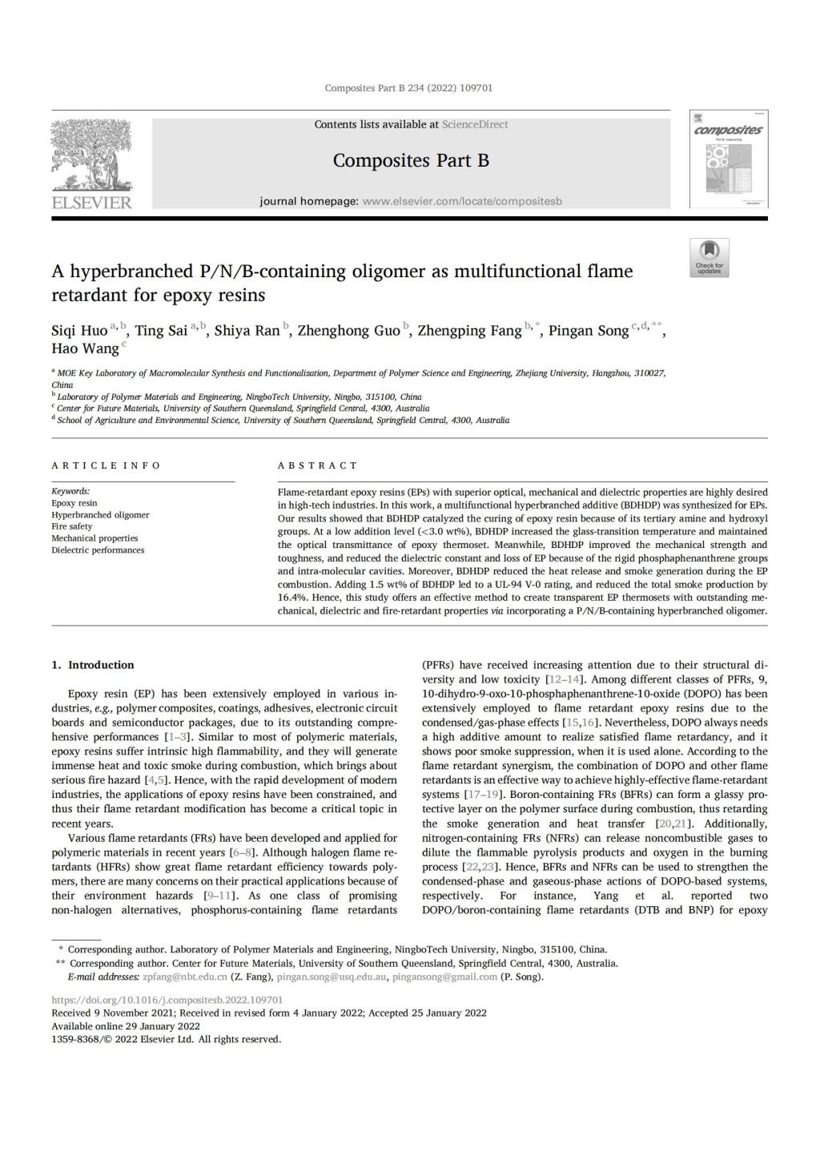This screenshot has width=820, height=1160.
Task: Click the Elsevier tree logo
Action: pos(90,158)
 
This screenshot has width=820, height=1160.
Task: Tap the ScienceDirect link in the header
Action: pos(475,125)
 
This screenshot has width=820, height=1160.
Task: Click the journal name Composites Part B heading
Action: pos(411,160)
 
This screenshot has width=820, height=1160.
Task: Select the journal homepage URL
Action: pos(462,201)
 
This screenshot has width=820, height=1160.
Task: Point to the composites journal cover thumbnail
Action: pos(728,160)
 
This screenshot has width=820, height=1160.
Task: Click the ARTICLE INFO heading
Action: pos(106,465)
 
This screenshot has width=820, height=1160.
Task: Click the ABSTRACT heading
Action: pos(317,465)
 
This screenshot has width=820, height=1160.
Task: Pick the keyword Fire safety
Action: pos(72,526)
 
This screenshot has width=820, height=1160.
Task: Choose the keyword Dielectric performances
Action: pos(98,550)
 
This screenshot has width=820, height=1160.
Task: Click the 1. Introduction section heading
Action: pos(93,665)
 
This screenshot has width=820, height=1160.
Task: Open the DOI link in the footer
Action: pos(167,1000)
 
